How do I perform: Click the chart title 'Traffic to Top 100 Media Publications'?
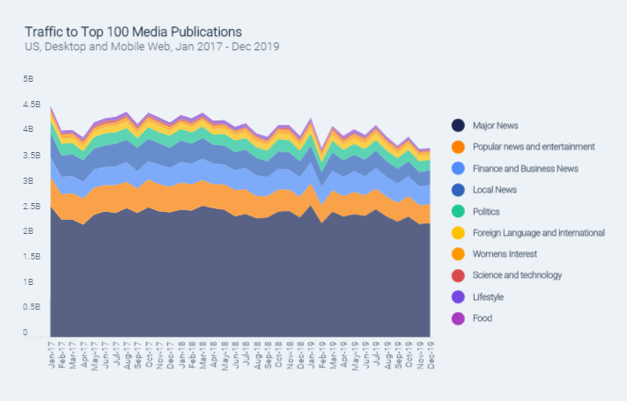coord(133,32)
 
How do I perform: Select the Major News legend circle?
coord(458,126)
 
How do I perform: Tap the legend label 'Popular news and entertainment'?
coord(534,147)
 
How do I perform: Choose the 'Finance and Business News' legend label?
coord(525,168)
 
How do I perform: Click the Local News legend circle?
coord(458,190)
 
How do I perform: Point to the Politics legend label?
coord(487,211)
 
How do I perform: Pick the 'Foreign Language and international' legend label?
coord(538,233)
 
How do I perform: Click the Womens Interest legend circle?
coord(458,254)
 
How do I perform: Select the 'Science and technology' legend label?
coord(517,275)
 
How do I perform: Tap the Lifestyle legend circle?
coord(458,297)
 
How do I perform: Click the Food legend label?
coord(483,318)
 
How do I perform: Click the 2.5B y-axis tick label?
coord(33,207)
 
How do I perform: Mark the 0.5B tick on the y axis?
coord(33,308)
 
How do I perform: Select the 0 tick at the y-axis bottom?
coord(26,333)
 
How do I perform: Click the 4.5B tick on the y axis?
coord(33,105)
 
